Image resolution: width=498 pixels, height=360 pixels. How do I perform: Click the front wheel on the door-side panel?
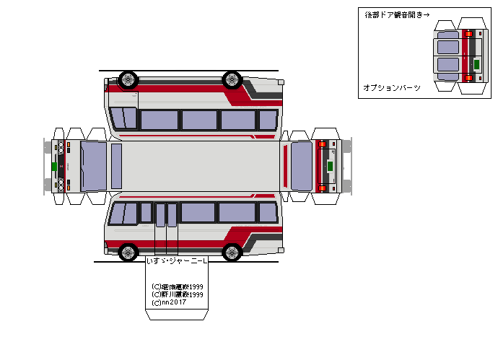pos(128,251)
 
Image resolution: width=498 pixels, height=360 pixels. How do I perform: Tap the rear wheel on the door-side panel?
pos(232,251)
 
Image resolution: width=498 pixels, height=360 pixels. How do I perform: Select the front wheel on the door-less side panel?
pos(128,79)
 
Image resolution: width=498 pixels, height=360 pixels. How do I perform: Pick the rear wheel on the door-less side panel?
pos(232,79)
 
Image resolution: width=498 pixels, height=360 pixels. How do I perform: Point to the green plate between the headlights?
pos(54,167)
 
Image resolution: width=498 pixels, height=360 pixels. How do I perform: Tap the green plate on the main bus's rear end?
pos(331,167)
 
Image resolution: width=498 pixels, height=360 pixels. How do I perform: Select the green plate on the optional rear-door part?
pos(476,64)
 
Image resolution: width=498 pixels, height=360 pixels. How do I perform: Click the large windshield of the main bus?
pos(93,166)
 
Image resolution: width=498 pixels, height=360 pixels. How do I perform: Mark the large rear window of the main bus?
pos(301,166)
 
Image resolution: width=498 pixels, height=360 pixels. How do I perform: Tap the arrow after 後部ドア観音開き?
pos(426,14)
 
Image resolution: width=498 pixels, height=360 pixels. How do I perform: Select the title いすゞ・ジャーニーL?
pos(177,261)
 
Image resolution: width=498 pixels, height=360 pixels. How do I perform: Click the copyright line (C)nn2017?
pos(169,302)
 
